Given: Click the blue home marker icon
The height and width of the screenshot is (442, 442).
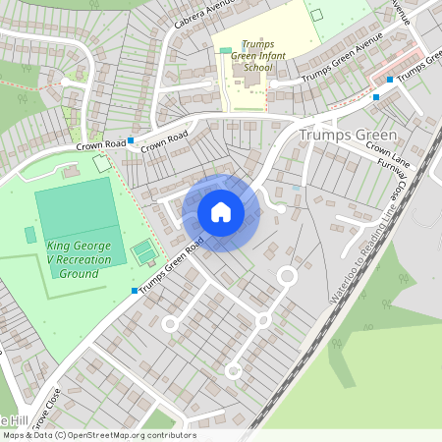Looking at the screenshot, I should click(221, 211).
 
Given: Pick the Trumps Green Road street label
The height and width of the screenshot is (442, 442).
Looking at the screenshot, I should click(172, 266).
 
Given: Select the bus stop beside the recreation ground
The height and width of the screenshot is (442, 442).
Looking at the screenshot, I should click(135, 291).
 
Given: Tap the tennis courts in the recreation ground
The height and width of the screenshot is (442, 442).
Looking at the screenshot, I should click(144, 252).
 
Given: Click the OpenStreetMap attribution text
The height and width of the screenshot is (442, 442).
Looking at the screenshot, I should click(98, 435).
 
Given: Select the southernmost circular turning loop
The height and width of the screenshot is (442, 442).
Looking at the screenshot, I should click(233, 370).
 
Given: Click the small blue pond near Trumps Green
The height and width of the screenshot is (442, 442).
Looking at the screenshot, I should click(296, 187).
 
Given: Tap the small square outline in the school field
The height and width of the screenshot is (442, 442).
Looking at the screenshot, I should click(315, 15).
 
